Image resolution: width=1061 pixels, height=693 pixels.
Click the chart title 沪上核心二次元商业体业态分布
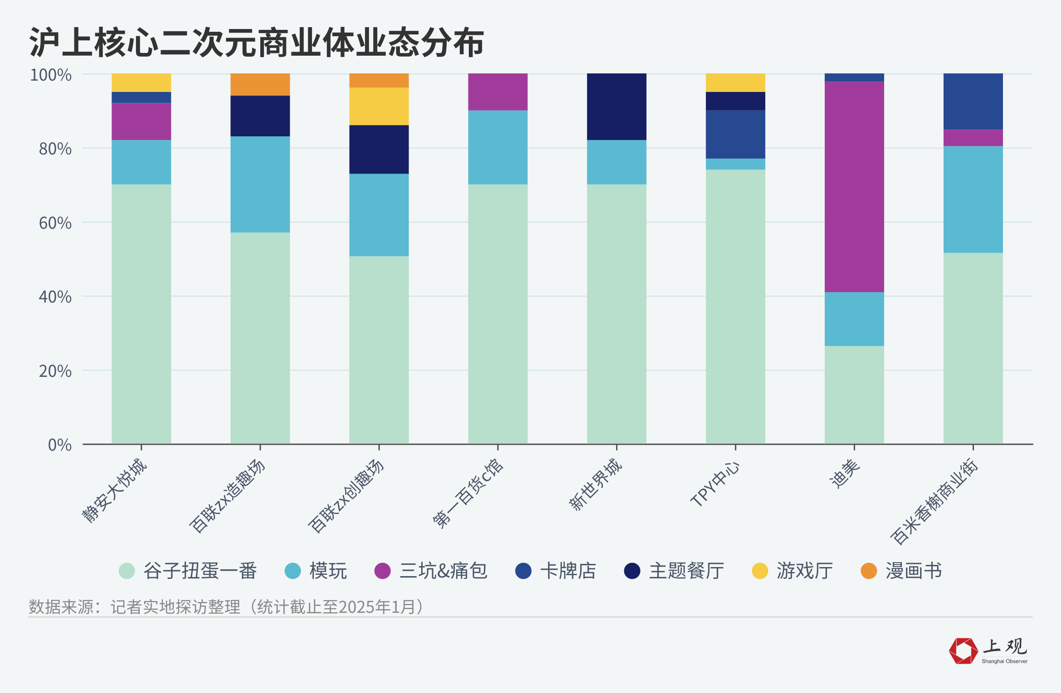tap(257, 42)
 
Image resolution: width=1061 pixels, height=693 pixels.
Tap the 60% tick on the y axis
tap(55, 223)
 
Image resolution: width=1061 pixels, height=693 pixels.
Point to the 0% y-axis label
tap(60, 445)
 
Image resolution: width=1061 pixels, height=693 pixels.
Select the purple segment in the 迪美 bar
tap(854, 187)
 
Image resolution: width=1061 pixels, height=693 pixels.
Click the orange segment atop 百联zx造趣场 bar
tap(260, 84)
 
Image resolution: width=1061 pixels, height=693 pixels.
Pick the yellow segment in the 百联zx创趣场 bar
tap(379, 106)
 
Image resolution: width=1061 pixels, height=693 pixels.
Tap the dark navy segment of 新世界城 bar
tap(616, 106)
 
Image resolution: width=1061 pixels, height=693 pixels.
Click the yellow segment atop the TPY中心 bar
tap(735, 82)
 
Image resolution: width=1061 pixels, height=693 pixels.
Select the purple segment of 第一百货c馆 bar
tap(497, 91)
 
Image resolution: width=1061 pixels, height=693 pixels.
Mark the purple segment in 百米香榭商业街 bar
tap(973, 138)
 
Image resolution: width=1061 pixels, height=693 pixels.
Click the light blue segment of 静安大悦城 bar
tap(141, 162)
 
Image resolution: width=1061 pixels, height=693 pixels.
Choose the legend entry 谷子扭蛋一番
tap(200, 571)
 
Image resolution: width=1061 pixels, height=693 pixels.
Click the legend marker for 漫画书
tap(868, 571)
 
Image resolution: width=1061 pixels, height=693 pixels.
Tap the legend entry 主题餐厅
tap(686, 571)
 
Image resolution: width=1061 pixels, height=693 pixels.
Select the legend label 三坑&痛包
tap(443, 571)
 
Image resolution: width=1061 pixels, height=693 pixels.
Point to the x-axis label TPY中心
tap(715, 484)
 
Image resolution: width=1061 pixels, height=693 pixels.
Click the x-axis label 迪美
tap(844, 473)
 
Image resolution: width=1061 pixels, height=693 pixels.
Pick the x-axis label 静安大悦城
tap(114, 491)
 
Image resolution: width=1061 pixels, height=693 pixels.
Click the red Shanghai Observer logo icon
tap(963, 651)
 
